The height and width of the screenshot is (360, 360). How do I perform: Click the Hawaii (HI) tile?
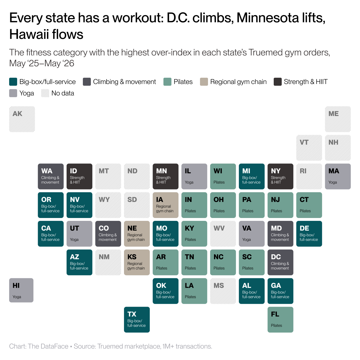click(x=21, y=290)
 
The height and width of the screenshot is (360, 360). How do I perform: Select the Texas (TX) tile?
click(x=137, y=319)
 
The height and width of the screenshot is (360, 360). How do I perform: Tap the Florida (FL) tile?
click(x=280, y=319)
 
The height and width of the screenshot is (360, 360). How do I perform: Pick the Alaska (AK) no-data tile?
click(x=22, y=119)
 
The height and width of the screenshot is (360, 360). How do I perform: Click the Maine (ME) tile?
click(x=338, y=119)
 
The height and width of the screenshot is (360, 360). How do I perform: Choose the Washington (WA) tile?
click(x=51, y=176)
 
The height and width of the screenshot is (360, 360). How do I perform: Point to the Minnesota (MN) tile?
click(x=165, y=176)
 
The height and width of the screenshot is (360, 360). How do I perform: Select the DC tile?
click(x=280, y=262)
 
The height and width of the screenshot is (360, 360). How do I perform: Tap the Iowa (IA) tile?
click(x=165, y=205)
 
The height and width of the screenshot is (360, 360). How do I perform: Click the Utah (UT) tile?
click(x=79, y=234)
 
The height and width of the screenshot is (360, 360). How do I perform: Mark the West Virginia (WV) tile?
click(x=223, y=234)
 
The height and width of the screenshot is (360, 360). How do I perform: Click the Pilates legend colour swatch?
click(x=167, y=82)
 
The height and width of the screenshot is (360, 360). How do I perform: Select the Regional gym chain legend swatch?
click(x=204, y=82)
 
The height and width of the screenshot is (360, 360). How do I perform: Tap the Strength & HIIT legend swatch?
click(x=278, y=82)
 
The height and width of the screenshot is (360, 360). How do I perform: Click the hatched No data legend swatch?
click(x=45, y=93)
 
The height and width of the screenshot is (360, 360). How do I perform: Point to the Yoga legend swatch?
click(x=13, y=93)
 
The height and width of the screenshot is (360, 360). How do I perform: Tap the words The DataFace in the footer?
click(x=48, y=346)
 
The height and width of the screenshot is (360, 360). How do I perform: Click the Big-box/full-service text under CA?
click(x=50, y=237)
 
